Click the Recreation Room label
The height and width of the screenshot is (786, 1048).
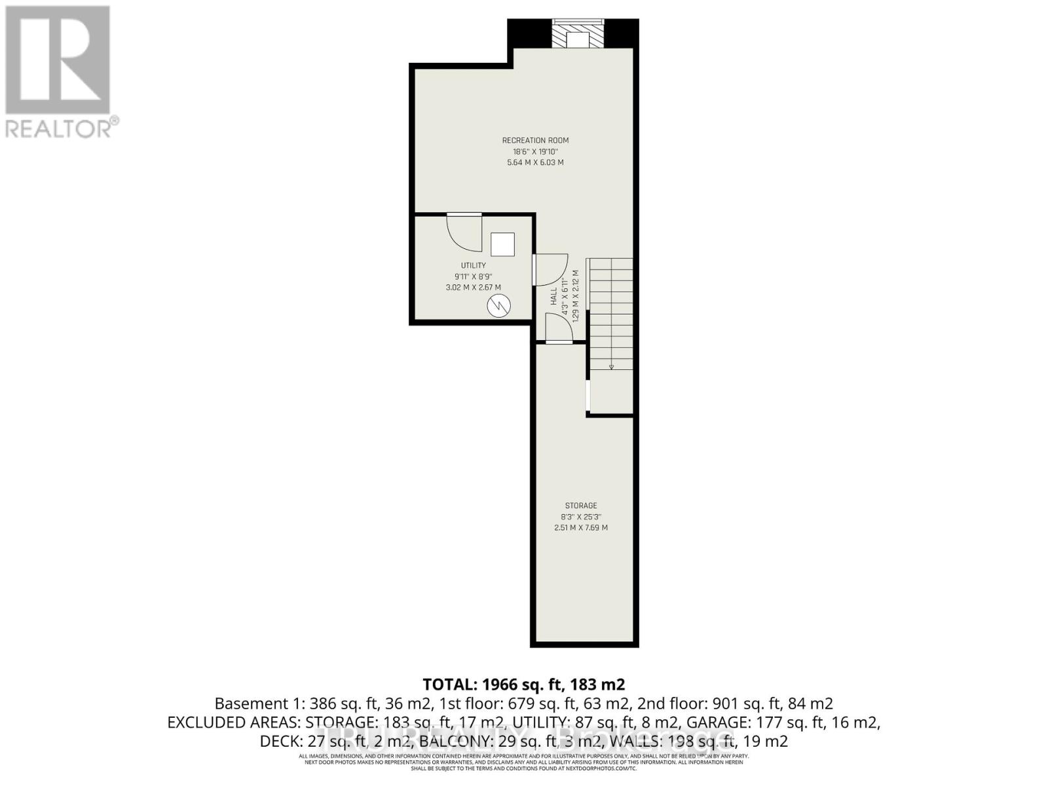point(535,140)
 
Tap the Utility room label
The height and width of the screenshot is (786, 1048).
point(473,265)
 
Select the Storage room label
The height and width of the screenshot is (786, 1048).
point(581,506)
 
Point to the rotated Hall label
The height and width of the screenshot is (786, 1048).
point(554,296)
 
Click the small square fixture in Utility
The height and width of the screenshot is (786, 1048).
point(502,245)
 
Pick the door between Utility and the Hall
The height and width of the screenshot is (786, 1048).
point(549,269)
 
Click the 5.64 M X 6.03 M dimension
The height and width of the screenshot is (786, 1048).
point(535,162)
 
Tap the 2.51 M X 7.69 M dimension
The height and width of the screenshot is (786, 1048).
point(581,527)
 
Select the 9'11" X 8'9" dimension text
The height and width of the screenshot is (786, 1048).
point(473,276)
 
